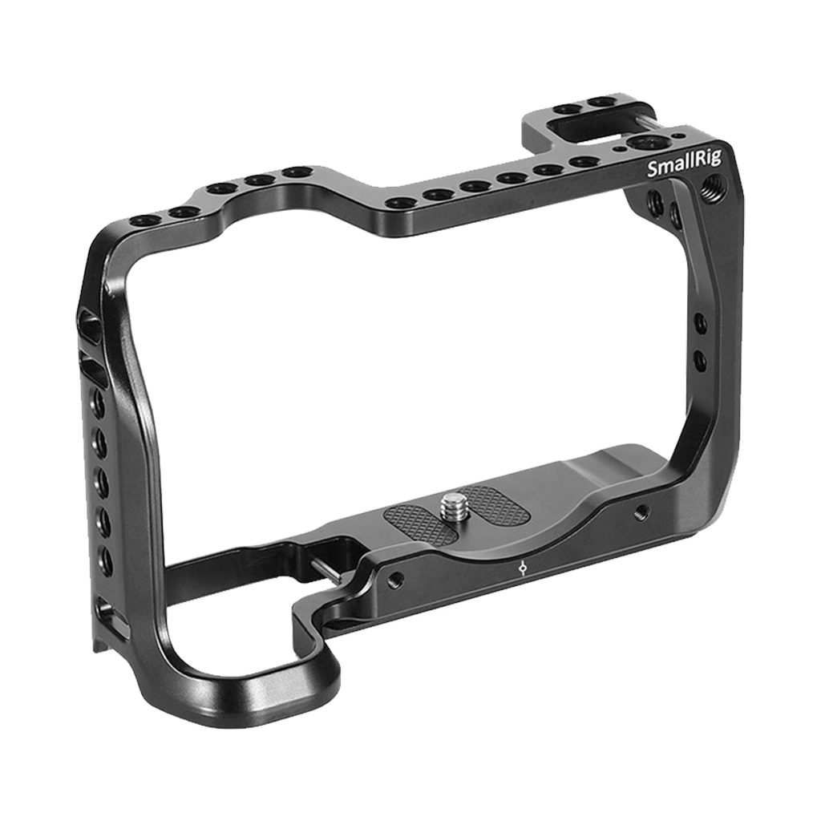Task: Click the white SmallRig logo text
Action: [684, 167]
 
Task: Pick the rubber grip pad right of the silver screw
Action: [491, 503]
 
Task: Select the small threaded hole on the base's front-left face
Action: [394, 579]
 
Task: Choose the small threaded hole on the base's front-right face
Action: [641, 512]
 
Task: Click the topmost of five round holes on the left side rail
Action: [99, 403]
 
